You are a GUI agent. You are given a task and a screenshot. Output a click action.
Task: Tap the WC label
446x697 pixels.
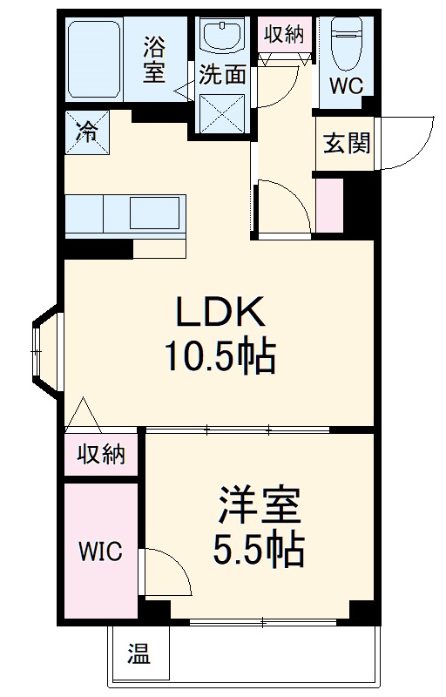point(347,85)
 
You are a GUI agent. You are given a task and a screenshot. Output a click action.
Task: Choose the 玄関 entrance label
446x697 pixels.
point(347,142)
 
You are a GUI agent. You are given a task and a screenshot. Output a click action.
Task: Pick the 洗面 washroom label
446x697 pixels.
point(222,74)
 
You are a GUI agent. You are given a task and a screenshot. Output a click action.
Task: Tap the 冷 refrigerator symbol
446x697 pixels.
point(88,133)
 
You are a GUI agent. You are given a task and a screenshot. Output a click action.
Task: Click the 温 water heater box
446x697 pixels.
point(138,653)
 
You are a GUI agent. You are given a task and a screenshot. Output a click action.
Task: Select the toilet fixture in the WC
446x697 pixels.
point(347,44)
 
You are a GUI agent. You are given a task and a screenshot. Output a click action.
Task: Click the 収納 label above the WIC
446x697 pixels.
point(100,454)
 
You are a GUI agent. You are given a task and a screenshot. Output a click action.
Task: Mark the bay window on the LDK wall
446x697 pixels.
point(45,348)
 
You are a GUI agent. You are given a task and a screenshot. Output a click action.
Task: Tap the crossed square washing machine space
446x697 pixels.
point(223,113)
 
